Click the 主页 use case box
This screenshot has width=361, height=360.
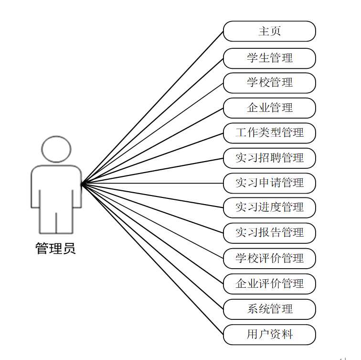click(269, 31)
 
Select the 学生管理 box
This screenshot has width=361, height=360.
click(269, 58)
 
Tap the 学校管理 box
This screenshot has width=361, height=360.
click(269, 83)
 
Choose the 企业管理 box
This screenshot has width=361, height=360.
click(269, 108)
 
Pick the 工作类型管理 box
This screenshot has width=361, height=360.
click(269, 132)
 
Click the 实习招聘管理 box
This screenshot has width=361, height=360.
click(269, 158)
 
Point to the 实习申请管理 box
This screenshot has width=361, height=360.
click(269, 183)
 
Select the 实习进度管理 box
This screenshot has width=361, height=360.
click(269, 207)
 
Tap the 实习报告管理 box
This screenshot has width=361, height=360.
click(269, 233)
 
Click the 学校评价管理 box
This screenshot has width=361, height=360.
click(269, 258)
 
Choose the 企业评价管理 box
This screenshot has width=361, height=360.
click(269, 284)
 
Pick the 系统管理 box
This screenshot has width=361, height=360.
click(269, 309)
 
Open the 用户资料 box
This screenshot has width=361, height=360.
click(269, 334)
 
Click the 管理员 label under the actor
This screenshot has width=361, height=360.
click(55, 249)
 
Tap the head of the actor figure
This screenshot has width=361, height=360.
click(56, 149)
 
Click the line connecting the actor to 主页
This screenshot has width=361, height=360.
click(153, 107)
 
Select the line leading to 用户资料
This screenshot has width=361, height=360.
click(153, 259)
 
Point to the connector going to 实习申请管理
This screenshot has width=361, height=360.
click(153, 183)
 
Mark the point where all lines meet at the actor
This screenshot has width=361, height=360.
click(82, 184)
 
